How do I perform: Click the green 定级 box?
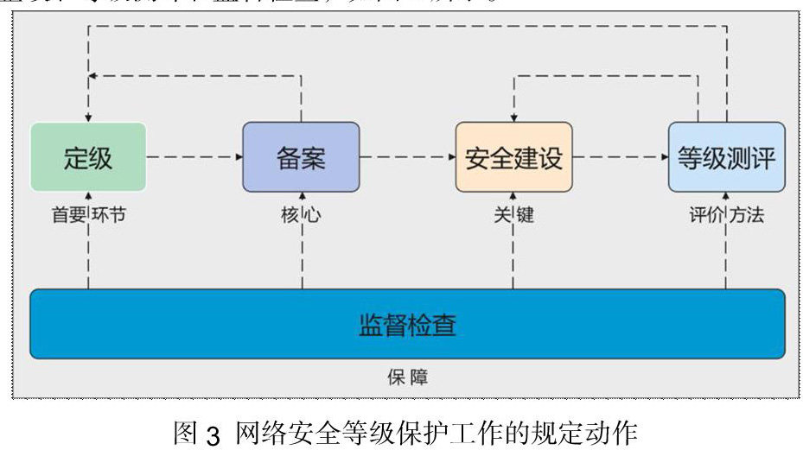click(88, 157)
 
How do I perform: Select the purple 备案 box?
click(300, 157)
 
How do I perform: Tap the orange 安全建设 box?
click(513, 157)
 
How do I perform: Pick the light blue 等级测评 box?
click(726, 157)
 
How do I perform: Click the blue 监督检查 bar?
click(407, 324)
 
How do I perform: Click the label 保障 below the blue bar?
click(407, 377)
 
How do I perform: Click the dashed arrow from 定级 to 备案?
click(194, 157)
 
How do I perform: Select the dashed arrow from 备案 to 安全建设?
click(406, 157)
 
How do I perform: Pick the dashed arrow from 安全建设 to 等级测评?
click(619, 157)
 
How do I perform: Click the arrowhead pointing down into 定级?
click(88, 117)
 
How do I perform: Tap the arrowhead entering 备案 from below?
click(301, 196)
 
